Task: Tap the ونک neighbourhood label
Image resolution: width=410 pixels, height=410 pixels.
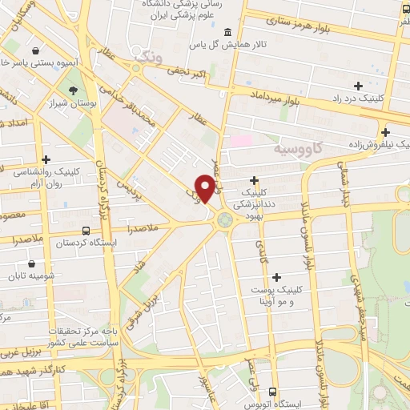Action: coord(149,56)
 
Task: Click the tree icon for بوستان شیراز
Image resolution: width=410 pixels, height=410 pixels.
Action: coord(74,91)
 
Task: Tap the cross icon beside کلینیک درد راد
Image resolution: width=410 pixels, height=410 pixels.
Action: coord(358,86)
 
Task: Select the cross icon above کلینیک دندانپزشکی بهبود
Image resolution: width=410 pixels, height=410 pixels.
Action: coord(255,180)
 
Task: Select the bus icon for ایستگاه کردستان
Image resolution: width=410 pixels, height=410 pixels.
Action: coord(63,228)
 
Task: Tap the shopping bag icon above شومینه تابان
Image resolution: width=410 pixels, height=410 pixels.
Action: coord(31,263)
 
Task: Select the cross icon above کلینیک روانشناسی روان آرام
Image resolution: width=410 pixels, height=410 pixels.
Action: coord(47,160)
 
